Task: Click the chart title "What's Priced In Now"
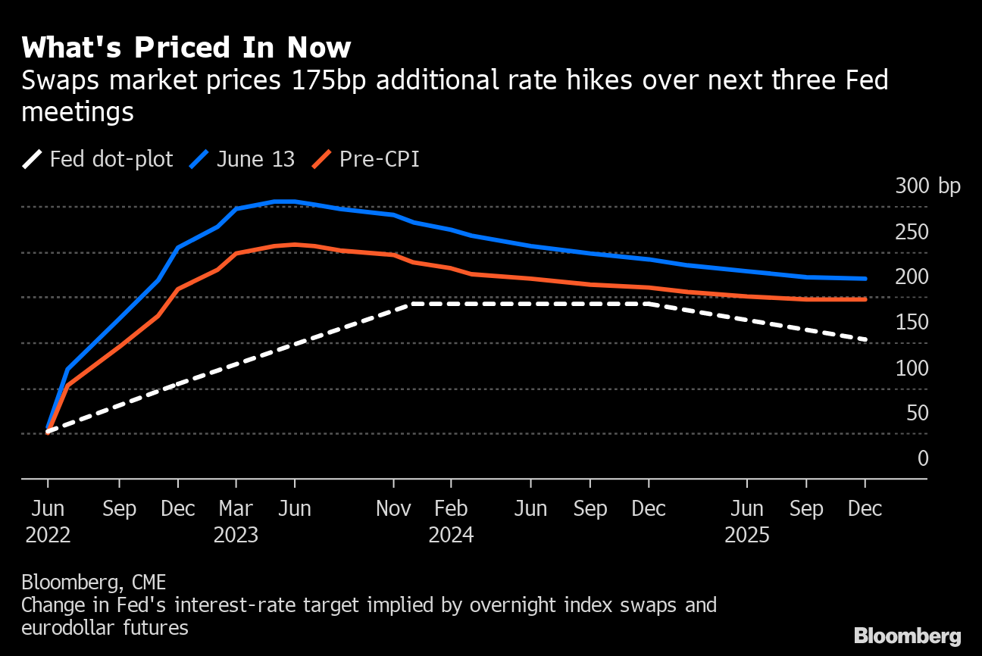click(x=186, y=48)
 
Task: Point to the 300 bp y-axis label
click(x=927, y=186)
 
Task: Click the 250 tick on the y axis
click(x=912, y=232)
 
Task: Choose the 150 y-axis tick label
click(x=912, y=323)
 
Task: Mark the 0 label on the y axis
click(x=922, y=458)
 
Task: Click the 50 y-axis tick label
click(x=917, y=413)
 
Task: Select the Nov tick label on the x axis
click(x=393, y=509)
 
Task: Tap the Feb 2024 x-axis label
click(x=451, y=522)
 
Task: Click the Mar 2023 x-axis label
click(x=236, y=522)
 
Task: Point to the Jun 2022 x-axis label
click(x=48, y=522)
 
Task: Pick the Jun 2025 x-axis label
click(x=747, y=522)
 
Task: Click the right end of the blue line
click(x=865, y=279)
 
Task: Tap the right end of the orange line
click(x=865, y=299)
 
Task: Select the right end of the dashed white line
click(x=865, y=339)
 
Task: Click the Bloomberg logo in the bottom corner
click(x=907, y=636)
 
